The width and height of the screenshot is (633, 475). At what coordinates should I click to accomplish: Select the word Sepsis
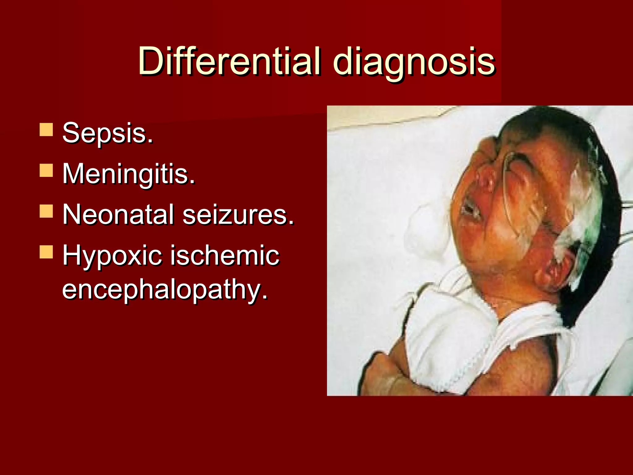(108, 133)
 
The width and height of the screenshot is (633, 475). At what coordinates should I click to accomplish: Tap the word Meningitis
(129, 174)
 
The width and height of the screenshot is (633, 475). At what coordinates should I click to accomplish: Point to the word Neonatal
(118, 214)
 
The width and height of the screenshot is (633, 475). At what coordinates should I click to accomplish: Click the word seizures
(238, 214)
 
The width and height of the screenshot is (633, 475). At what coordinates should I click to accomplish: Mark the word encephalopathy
(165, 289)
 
